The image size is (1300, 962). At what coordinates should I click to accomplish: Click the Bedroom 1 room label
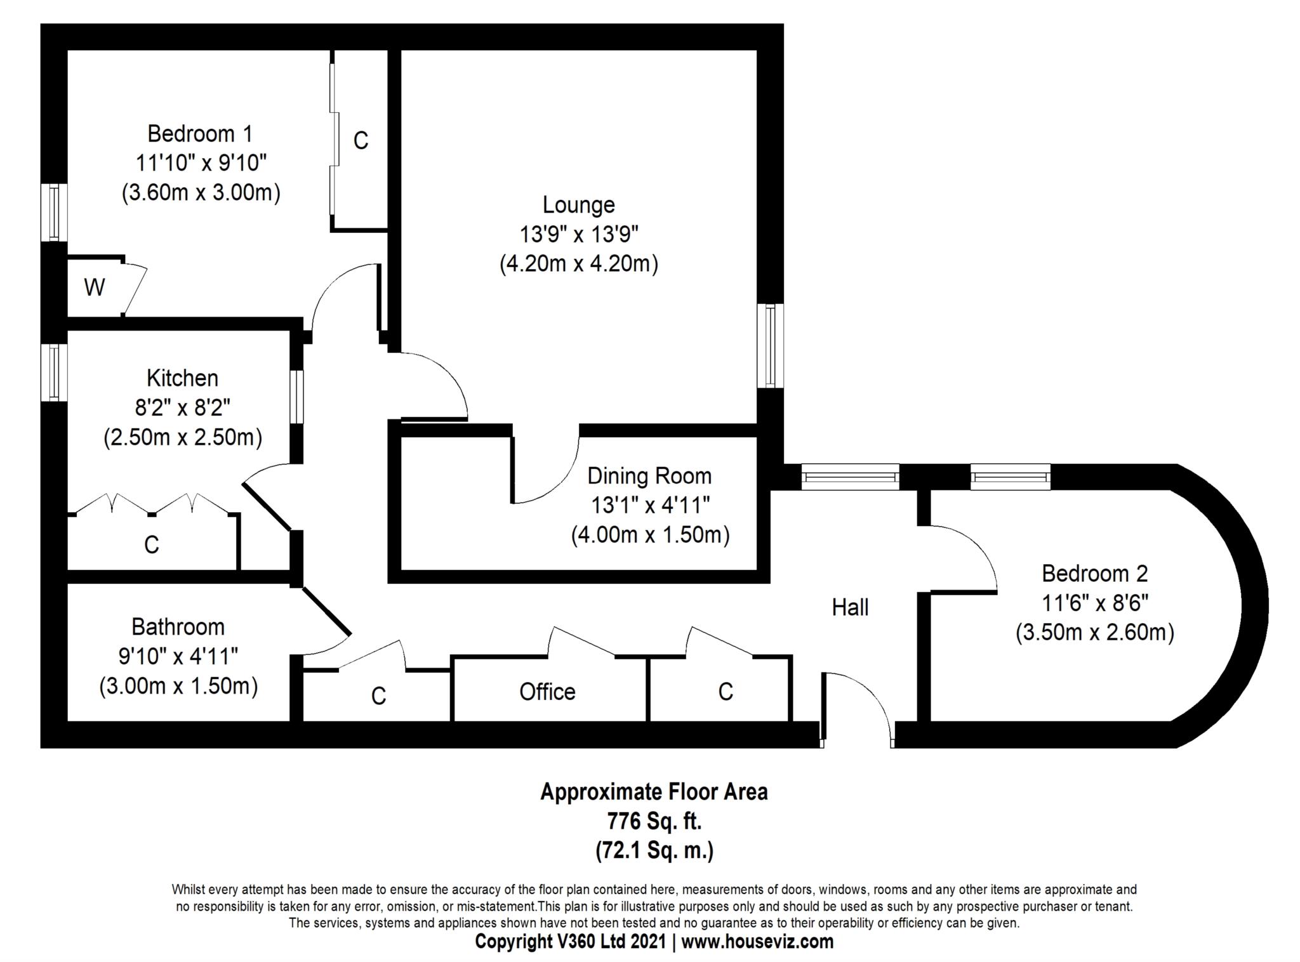coord(200,134)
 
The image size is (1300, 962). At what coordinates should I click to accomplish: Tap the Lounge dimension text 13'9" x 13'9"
coord(578,234)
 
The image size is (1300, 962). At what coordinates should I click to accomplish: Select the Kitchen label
coord(182,378)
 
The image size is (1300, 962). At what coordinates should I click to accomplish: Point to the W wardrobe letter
coord(94,287)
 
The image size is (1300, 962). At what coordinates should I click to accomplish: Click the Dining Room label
coord(649,476)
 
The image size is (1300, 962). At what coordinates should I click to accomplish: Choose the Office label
coord(547,692)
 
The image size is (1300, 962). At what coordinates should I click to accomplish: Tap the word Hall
coord(850,607)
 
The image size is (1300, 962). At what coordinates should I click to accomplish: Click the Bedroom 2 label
coord(1094,574)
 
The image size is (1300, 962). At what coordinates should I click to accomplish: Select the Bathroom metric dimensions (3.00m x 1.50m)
coord(178,687)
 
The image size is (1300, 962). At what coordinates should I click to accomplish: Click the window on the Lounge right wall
coord(770,345)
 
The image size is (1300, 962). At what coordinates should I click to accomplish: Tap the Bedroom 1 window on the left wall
coord(54,212)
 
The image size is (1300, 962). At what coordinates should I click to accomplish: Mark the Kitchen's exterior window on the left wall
coord(54,372)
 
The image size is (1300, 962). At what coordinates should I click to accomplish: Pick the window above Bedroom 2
coord(1010,476)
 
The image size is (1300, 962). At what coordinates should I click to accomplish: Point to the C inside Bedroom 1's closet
coord(361,140)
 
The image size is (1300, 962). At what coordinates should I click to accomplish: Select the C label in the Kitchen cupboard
coord(151,544)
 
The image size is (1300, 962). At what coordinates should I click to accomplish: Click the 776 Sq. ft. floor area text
coord(654,821)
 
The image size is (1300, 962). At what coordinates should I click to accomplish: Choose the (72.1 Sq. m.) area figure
coord(654,850)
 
